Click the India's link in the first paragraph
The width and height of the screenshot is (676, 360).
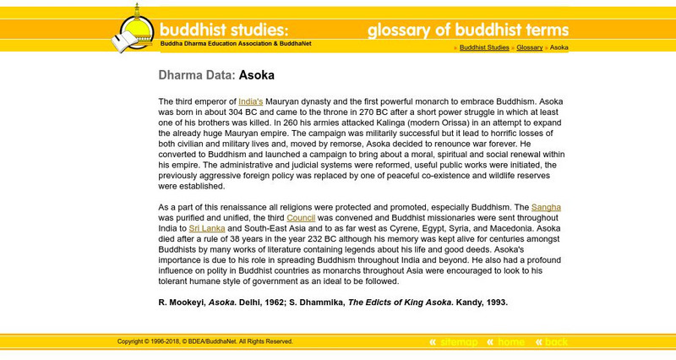tap(251, 101)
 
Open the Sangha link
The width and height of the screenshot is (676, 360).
tap(545, 206)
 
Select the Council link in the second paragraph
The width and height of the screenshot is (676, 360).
tap(301, 217)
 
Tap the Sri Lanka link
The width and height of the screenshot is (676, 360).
tap(206, 228)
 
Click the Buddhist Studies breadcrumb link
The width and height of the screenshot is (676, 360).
tap(484, 48)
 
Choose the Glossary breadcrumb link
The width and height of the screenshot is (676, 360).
tap(530, 48)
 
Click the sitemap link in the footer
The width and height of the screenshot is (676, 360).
tap(459, 342)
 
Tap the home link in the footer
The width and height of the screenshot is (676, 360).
tap(511, 342)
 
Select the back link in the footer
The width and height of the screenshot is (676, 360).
tap(556, 342)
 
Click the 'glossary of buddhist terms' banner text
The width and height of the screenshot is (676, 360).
tap(468, 31)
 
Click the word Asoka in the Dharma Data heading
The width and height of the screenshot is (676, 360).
tap(257, 75)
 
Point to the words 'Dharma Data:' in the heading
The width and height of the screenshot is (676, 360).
tap(197, 75)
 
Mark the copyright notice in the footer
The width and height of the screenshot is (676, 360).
tap(205, 341)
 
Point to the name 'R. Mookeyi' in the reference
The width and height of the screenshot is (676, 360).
tap(183, 302)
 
